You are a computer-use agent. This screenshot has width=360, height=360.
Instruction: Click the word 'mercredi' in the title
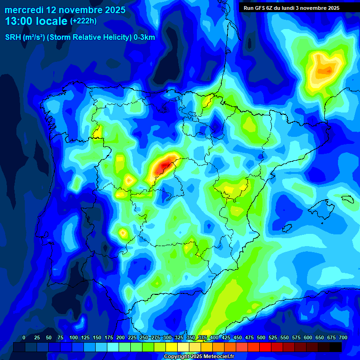click(24, 10)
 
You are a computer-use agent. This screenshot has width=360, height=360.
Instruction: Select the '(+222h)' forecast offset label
click(84, 21)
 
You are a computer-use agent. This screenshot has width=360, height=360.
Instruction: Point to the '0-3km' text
click(144, 37)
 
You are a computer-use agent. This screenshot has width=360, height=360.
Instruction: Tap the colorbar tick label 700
click(343, 337)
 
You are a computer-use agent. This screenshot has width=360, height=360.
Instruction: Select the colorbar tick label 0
click(24, 337)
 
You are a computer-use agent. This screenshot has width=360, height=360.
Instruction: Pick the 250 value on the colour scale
click(143, 337)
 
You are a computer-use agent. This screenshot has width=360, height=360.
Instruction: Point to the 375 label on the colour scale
click(202, 337)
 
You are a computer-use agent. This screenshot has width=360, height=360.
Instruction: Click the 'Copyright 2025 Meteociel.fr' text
click(199, 357)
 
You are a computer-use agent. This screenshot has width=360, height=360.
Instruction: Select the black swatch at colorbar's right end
click(336, 347)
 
